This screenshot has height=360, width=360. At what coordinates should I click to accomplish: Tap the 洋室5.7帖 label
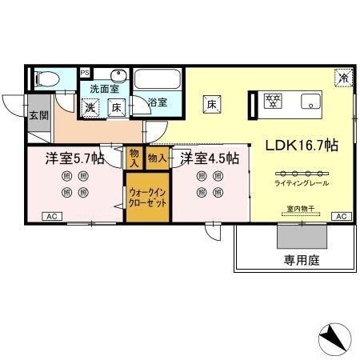click(74, 158)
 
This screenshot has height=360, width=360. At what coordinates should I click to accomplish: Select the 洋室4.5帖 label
click(209, 158)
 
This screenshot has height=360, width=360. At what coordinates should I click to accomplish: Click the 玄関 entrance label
click(38, 115)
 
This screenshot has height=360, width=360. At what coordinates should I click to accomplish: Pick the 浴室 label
click(158, 102)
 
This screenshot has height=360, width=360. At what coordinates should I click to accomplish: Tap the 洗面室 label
click(104, 89)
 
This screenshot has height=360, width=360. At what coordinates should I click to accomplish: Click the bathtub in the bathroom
click(158, 79)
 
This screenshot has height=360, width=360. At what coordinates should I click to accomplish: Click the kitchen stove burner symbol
click(273, 101)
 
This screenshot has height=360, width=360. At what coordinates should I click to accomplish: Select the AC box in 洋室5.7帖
click(50, 217)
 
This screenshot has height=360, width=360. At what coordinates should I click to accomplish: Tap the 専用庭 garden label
click(295, 261)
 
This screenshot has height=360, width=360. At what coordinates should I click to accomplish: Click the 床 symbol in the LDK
click(212, 103)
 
